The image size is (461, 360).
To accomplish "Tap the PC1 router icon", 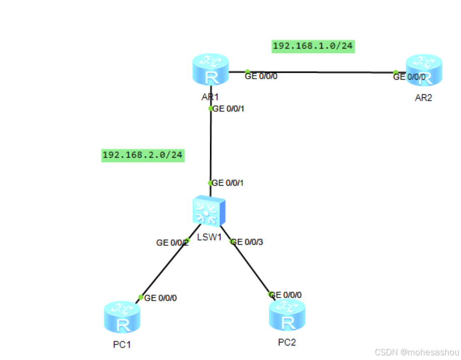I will click(x=122, y=317).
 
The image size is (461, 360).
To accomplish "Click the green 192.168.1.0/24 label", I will click(x=313, y=46).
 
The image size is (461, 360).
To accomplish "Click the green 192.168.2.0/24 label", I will click(x=142, y=155).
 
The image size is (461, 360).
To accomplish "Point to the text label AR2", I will click(x=423, y=98).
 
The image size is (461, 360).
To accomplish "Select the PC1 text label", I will click(x=122, y=345).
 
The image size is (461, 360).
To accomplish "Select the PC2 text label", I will click(x=286, y=342).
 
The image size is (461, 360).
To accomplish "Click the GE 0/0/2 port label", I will click(x=172, y=243).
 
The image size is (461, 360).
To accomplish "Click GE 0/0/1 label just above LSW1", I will click(x=228, y=183).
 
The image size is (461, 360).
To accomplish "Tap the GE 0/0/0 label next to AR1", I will click(x=261, y=77).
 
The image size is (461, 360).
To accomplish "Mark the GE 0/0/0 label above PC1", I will click(x=160, y=298).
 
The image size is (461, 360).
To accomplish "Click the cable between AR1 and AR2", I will click(x=323, y=72).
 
